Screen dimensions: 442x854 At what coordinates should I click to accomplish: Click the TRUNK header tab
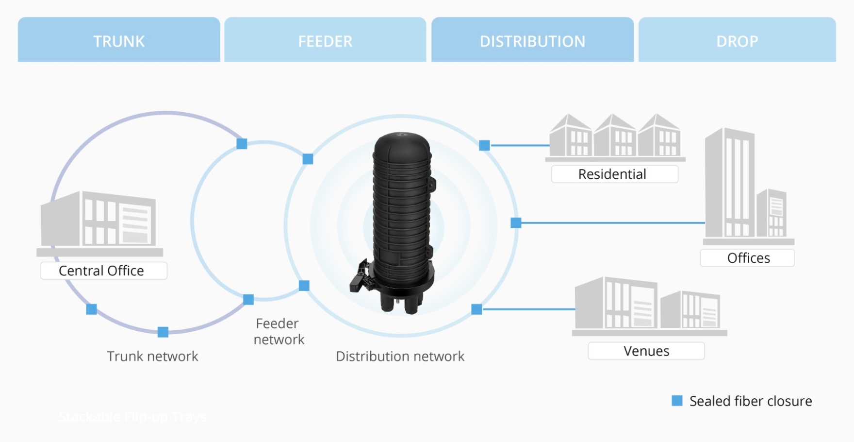(x=119, y=40)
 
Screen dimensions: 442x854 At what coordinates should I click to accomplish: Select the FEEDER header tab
(x=325, y=40)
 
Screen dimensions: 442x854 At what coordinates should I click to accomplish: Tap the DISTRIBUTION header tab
(x=532, y=40)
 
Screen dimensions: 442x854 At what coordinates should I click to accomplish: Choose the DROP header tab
(x=737, y=40)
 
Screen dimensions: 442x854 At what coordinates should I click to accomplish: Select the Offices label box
(x=747, y=258)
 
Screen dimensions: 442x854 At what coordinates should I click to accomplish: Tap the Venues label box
(x=646, y=351)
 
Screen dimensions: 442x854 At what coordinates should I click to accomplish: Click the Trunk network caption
(x=152, y=357)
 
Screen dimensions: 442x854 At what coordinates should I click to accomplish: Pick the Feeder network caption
(x=279, y=331)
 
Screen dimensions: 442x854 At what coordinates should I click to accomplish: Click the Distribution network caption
(x=400, y=357)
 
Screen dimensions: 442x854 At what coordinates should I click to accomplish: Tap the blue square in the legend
(x=677, y=401)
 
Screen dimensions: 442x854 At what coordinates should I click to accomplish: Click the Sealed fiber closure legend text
(x=750, y=401)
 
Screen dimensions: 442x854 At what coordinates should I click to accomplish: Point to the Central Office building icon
(x=99, y=221)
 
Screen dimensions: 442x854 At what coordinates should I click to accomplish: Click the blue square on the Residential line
(x=484, y=145)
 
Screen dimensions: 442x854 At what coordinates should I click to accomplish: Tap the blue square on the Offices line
(x=516, y=223)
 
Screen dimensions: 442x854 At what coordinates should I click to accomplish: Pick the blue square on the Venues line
(x=476, y=309)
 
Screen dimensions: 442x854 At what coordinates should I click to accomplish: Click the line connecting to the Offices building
(x=611, y=223)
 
